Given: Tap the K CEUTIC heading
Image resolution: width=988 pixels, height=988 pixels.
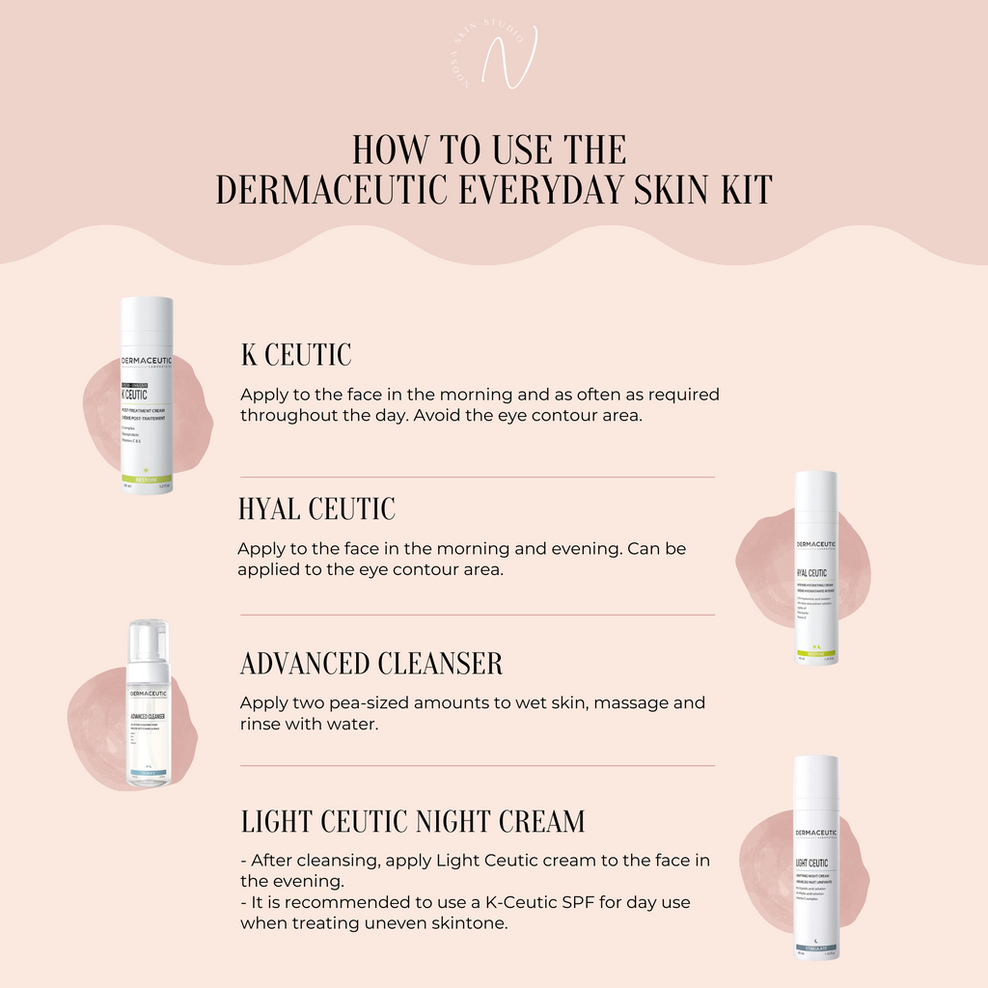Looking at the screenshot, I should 296,355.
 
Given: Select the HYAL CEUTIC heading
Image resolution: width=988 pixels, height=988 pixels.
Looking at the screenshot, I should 316,508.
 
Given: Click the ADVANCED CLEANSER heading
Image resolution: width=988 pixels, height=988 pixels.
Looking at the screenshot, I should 371,664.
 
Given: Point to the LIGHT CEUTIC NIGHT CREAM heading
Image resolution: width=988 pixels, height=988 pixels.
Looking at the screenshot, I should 413,821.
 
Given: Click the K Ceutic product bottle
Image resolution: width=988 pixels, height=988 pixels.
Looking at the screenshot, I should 147,396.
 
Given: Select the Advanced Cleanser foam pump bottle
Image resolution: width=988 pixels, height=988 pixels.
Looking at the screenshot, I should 149,704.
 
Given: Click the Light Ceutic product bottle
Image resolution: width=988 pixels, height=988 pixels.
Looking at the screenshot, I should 815,857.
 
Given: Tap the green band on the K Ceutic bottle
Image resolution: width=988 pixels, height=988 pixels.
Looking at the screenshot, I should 147,480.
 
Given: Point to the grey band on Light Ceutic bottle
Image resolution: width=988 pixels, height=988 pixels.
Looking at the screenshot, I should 815,948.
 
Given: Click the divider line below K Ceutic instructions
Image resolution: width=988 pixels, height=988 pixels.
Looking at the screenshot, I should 478,477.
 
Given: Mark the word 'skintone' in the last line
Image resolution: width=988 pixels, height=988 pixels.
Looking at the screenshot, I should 470,923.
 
